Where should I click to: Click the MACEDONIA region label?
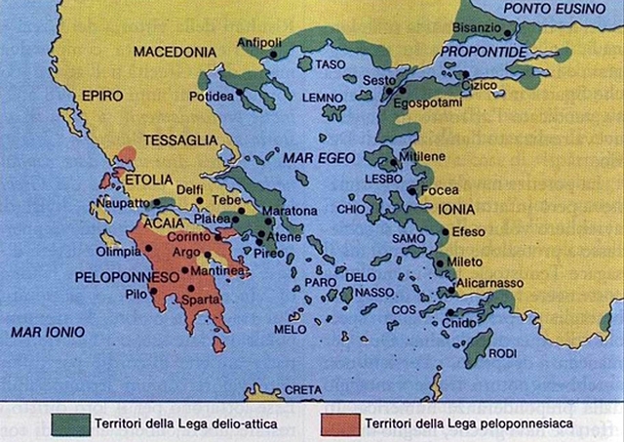(175, 51)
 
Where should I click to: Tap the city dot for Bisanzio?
(508, 33)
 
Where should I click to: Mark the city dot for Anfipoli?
(275, 56)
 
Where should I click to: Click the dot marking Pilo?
(153, 291)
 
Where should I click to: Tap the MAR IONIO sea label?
(45, 333)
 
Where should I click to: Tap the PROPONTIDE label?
(479, 51)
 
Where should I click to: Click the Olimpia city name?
(117, 250)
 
